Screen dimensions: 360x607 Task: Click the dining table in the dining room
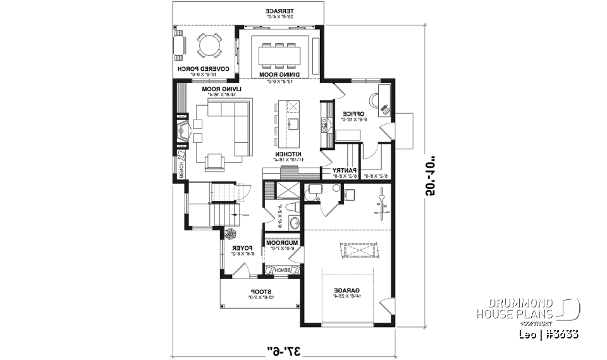[x=279, y=54]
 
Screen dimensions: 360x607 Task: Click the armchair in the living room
[x=214, y=162]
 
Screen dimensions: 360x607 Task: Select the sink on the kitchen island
[x=293, y=123]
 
